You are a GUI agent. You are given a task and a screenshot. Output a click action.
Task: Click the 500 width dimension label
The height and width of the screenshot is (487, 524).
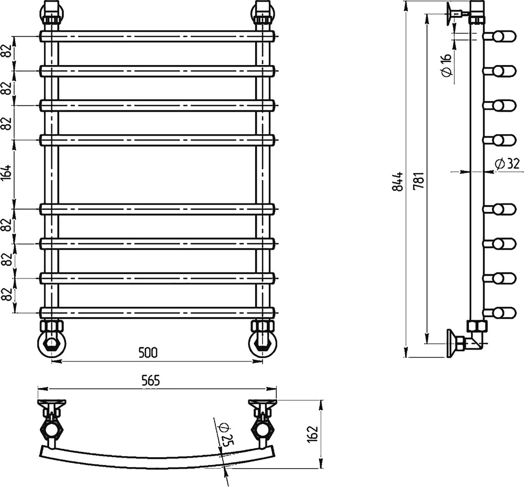[148, 353]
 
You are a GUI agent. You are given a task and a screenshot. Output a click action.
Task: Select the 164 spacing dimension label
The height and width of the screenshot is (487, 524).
[8, 173]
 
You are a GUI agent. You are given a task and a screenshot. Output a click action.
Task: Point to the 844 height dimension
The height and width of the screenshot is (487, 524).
[398, 181]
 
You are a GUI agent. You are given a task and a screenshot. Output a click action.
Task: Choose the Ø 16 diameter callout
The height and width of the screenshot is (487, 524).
[446, 64]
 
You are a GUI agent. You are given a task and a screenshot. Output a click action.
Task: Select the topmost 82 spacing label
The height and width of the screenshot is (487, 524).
[8, 51]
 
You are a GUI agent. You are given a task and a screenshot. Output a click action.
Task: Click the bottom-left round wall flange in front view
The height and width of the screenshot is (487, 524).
[51, 343]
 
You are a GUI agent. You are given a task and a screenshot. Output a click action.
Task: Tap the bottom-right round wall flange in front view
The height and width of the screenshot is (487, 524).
[263, 343]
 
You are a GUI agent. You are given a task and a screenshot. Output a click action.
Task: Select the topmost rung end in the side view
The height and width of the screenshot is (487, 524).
[499, 36]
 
